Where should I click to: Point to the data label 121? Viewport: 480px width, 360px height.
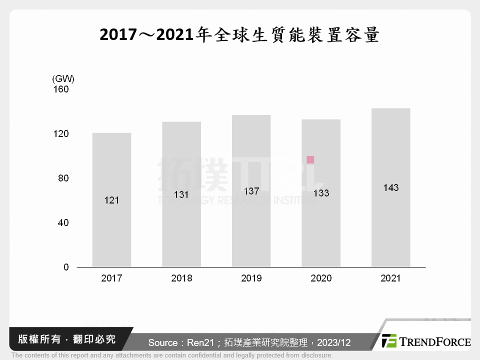pos(111,200)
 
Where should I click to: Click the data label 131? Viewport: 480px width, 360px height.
pos(181,194)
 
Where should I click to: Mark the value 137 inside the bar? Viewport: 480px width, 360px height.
pos(251,191)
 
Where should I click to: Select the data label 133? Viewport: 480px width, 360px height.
pos(321,193)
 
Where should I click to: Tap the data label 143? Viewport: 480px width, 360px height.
pos(390,187)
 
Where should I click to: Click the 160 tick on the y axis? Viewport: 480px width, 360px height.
pos(62,89)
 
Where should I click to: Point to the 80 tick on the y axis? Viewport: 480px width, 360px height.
pos(63,178)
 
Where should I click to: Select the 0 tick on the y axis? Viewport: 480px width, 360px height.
pos(66,267)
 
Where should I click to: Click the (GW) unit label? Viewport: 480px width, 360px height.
pos(63,78)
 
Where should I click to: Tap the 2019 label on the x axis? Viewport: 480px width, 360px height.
pos(251,278)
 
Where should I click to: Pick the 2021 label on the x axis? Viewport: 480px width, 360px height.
pos(390,278)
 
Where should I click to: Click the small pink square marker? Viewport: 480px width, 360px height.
pos(310,160)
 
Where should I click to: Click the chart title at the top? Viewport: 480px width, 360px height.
pos(239,34)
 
